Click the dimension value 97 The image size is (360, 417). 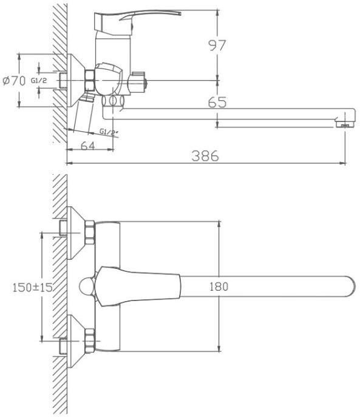point(217,46)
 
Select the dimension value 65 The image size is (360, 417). point(217,102)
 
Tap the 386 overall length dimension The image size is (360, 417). point(205,156)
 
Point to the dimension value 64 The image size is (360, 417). point(87,146)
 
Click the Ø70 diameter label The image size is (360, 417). point(14,81)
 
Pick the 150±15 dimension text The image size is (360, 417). point(33,287)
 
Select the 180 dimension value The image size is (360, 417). point(219,286)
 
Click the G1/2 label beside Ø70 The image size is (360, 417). point(39,80)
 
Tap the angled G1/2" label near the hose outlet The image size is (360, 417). point(109,132)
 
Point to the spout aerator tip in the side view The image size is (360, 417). point(345,124)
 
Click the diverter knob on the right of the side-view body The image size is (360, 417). point(137,82)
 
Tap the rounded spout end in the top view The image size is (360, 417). point(351,286)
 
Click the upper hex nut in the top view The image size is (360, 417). point(90,232)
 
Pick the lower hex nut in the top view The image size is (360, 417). point(90,341)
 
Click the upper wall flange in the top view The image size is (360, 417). point(75,232)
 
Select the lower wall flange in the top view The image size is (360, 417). point(75,341)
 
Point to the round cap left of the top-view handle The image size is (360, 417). point(87,286)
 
